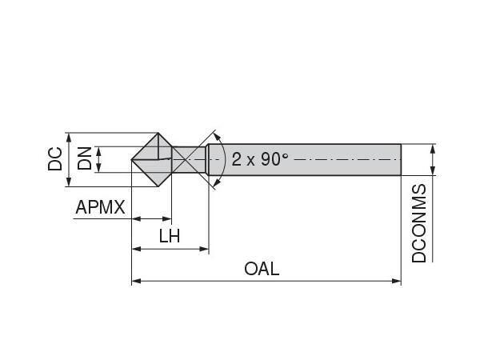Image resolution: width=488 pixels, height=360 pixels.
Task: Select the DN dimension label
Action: pos(84,159)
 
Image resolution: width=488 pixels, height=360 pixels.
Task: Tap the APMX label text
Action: pos(100,208)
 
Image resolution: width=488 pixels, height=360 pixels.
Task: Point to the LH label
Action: pos(169,236)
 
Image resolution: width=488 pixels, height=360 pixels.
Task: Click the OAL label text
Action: pos(262,269)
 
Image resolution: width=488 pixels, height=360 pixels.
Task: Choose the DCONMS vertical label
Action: pos(419,223)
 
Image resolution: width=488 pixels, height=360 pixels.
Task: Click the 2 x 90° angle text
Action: pos(260,158)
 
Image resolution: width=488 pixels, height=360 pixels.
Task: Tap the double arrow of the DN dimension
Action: pos(98,159)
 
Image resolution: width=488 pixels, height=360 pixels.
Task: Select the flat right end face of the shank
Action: pos(400,159)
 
